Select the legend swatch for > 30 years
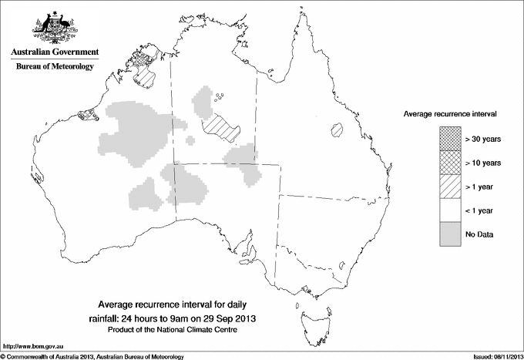click(451, 140)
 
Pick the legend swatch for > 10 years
click(451, 163)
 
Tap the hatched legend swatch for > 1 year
click(451, 186)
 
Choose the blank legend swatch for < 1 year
click(451, 210)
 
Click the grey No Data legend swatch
click(451, 234)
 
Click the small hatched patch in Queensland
click(336, 130)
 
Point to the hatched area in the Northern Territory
click(223, 123)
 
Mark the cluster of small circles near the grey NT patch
click(222, 97)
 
